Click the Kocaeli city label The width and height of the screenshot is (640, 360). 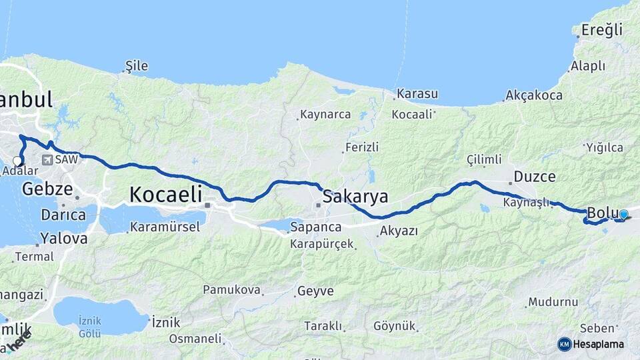(x=165, y=195)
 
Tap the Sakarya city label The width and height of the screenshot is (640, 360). (x=355, y=197)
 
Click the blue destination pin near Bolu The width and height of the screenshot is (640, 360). (x=623, y=215)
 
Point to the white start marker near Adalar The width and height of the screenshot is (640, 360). (x=17, y=160)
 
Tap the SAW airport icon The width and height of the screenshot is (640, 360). (x=47, y=160)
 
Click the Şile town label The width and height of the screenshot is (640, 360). (x=137, y=66)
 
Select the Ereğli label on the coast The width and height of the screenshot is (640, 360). (x=601, y=30)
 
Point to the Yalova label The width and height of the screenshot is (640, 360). (x=63, y=238)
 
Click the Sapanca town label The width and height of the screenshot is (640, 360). (x=315, y=228)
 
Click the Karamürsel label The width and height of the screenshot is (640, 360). (x=165, y=227)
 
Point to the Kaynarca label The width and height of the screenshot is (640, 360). (x=325, y=114)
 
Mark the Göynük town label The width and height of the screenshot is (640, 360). (x=395, y=326)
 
